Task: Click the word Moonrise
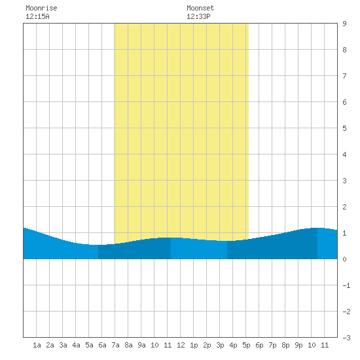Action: pos(41,8)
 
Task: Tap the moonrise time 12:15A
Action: pos(37,16)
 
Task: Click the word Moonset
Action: pos(200,8)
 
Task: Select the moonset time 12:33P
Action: pos(198,16)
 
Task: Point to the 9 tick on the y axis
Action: pos(344,24)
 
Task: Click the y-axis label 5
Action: pos(344,128)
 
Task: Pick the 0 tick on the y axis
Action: pos(344,259)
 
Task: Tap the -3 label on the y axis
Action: pos(346,338)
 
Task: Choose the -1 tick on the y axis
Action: pos(346,285)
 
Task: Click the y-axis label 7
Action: pos(344,76)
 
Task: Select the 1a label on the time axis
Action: pos(37,345)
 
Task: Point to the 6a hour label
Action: pos(102,345)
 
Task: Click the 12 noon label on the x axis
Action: pos(181,345)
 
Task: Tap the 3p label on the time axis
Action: pos(220,345)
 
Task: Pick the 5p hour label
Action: pos(246,345)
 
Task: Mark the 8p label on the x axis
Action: pos(285,345)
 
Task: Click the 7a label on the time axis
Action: pos(115,345)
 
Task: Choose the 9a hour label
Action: pos(141,345)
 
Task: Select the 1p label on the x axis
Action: pos(194,345)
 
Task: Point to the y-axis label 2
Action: pos(344,207)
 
